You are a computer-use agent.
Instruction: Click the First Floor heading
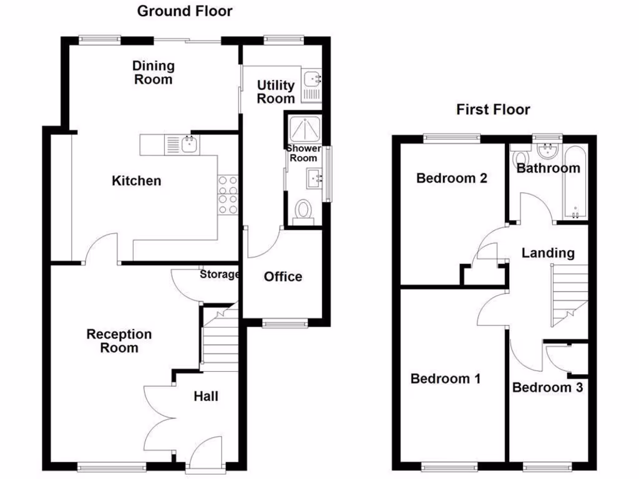(x=493, y=110)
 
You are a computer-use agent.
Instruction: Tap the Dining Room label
(x=153, y=72)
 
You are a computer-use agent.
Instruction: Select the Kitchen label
(x=136, y=181)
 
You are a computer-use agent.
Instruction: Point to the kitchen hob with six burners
(x=228, y=195)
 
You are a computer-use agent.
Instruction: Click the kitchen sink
(x=188, y=145)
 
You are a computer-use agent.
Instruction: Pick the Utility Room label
(x=276, y=92)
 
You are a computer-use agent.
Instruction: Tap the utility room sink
(x=311, y=79)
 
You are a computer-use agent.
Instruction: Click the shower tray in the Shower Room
(x=304, y=128)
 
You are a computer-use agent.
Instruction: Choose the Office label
(x=283, y=276)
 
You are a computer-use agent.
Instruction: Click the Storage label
(x=220, y=274)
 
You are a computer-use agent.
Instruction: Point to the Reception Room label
(x=119, y=341)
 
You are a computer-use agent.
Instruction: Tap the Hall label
(x=206, y=396)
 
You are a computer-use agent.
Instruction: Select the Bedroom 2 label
(x=452, y=178)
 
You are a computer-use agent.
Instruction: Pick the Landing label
(x=548, y=253)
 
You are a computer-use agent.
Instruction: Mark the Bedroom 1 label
(x=446, y=379)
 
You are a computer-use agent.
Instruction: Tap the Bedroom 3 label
(x=547, y=387)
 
